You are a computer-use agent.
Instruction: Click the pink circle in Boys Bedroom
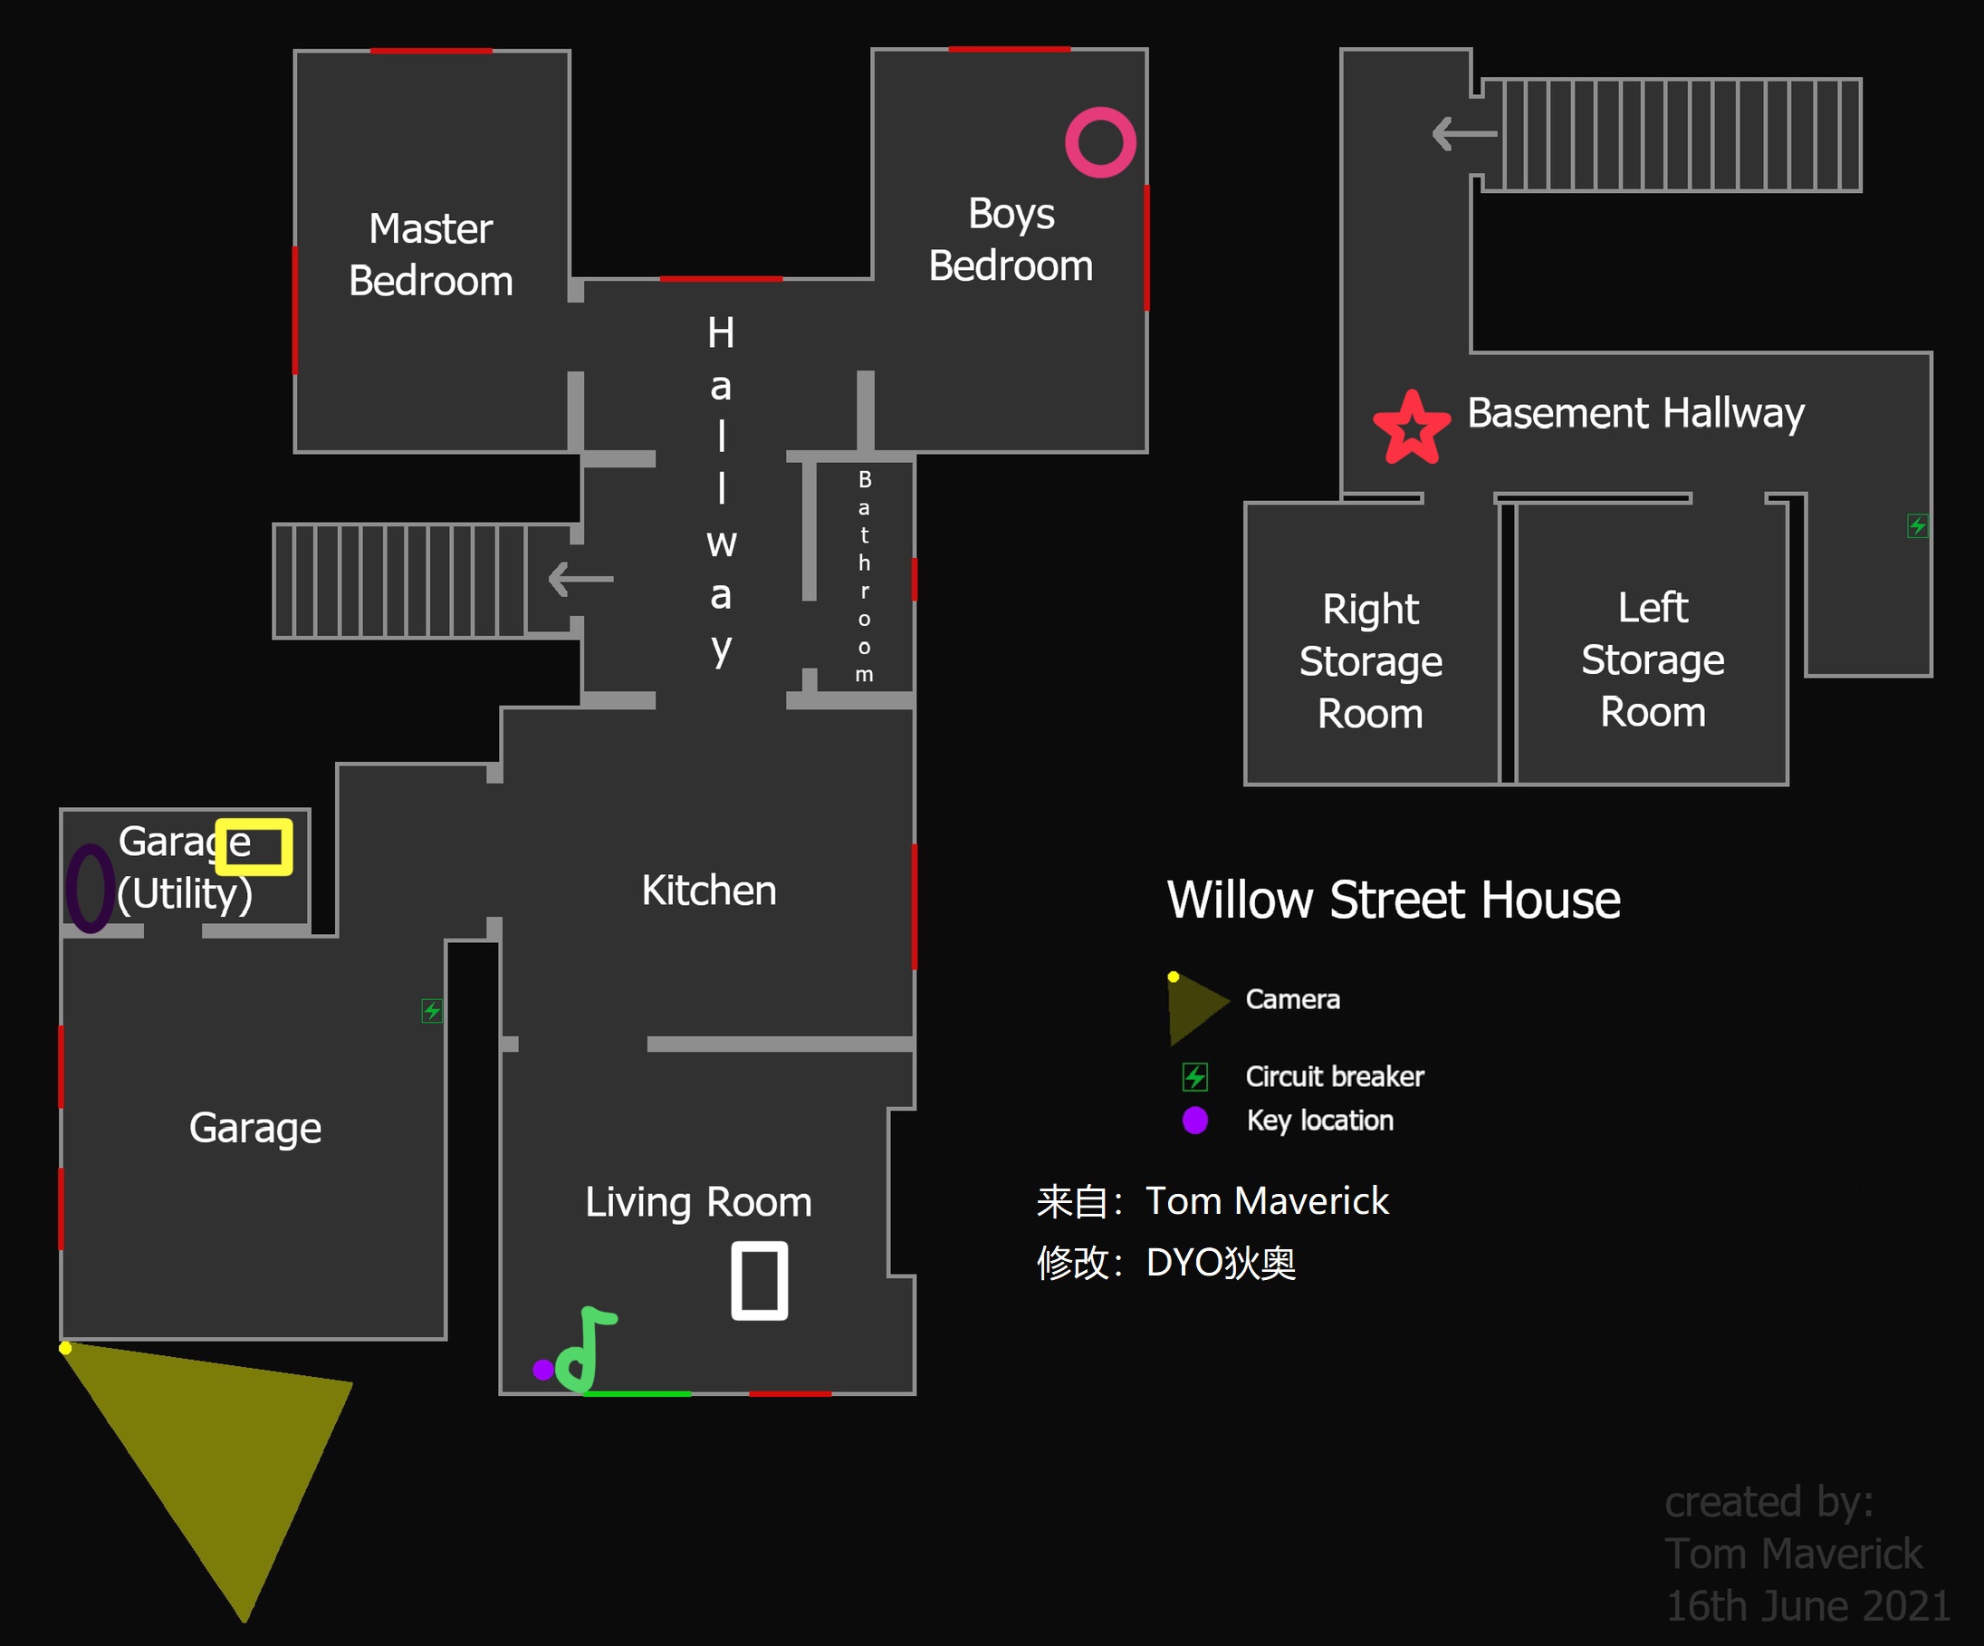click(1100, 143)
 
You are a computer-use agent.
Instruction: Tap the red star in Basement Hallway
click(1412, 428)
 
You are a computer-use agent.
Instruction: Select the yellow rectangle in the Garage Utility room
click(254, 847)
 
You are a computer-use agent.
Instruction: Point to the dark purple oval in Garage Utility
click(91, 888)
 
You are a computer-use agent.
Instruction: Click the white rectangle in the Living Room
click(760, 1281)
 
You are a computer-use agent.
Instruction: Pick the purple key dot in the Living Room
click(543, 1369)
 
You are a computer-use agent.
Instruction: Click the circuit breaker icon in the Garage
click(432, 1011)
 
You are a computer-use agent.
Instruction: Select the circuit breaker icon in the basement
click(1918, 525)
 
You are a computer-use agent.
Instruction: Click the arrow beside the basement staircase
click(1464, 133)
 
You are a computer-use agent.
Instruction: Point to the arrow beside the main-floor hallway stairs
click(581, 578)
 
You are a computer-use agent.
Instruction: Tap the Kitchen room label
click(708, 890)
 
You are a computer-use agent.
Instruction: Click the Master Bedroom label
click(431, 255)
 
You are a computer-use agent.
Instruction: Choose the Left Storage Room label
click(1653, 659)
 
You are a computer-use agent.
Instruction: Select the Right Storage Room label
click(1371, 661)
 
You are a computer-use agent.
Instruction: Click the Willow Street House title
click(1395, 900)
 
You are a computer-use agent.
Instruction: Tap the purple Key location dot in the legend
click(1195, 1120)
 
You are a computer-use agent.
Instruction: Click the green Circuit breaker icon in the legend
click(1195, 1076)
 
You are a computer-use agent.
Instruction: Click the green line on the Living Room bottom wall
click(637, 1394)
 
